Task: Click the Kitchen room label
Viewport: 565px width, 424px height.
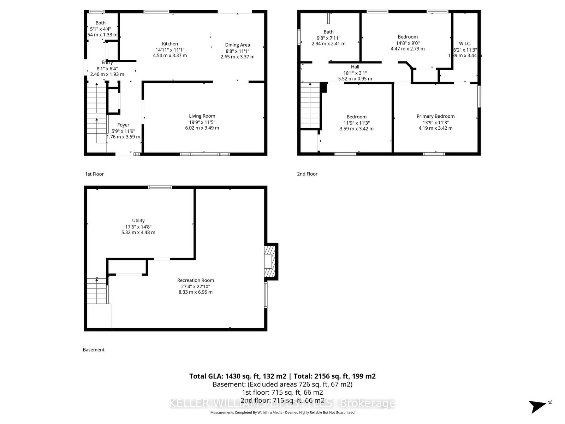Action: pos(170,44)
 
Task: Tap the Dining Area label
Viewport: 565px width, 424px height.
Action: pos(237,45)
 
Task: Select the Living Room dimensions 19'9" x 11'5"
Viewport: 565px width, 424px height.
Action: pos(202,122)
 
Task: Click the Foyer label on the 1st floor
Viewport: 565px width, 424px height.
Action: pos(123,125)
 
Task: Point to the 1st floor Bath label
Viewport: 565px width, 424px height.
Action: pos(100,23)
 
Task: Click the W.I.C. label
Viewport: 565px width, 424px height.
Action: pos(465,43)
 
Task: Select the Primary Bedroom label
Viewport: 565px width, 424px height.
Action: pos(435,116)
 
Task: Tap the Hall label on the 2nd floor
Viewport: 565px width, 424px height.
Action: pos(355,67)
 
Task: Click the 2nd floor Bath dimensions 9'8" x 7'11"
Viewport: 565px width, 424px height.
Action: pos(328,38)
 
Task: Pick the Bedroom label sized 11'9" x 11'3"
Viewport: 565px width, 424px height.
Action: pos(356,117)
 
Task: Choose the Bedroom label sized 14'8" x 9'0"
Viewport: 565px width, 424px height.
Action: pos(408,37)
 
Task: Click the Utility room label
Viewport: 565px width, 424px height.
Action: pos(138,220)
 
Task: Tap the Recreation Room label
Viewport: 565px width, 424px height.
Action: pos(195,280)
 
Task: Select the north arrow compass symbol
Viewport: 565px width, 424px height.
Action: pos(539,406)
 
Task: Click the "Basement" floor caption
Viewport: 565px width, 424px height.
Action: pos(94,350)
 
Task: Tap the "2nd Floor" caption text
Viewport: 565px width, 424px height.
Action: pos(307,174)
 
